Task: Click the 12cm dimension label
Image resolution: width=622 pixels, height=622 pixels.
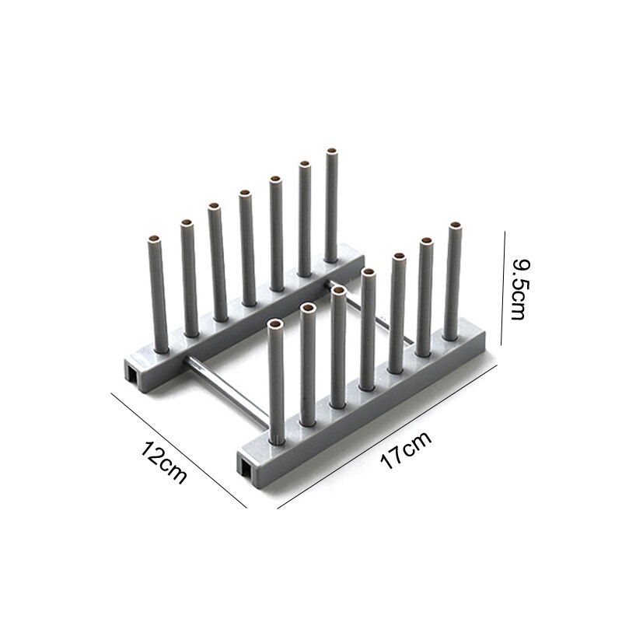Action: tap(164, 462)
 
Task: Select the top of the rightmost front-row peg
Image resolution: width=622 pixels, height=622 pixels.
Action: tap(454, 228)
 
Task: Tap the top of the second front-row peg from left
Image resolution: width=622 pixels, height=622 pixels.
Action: tap(308, 309)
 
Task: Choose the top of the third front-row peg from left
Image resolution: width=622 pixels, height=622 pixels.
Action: tap(339, 291)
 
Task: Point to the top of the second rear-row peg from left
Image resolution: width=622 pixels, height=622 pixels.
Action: tap(187, 224)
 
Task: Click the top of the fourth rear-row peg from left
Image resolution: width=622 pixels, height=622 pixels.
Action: tap(244, 193)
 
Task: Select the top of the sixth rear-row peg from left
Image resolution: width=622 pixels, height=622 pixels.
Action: tap(305, 165)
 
